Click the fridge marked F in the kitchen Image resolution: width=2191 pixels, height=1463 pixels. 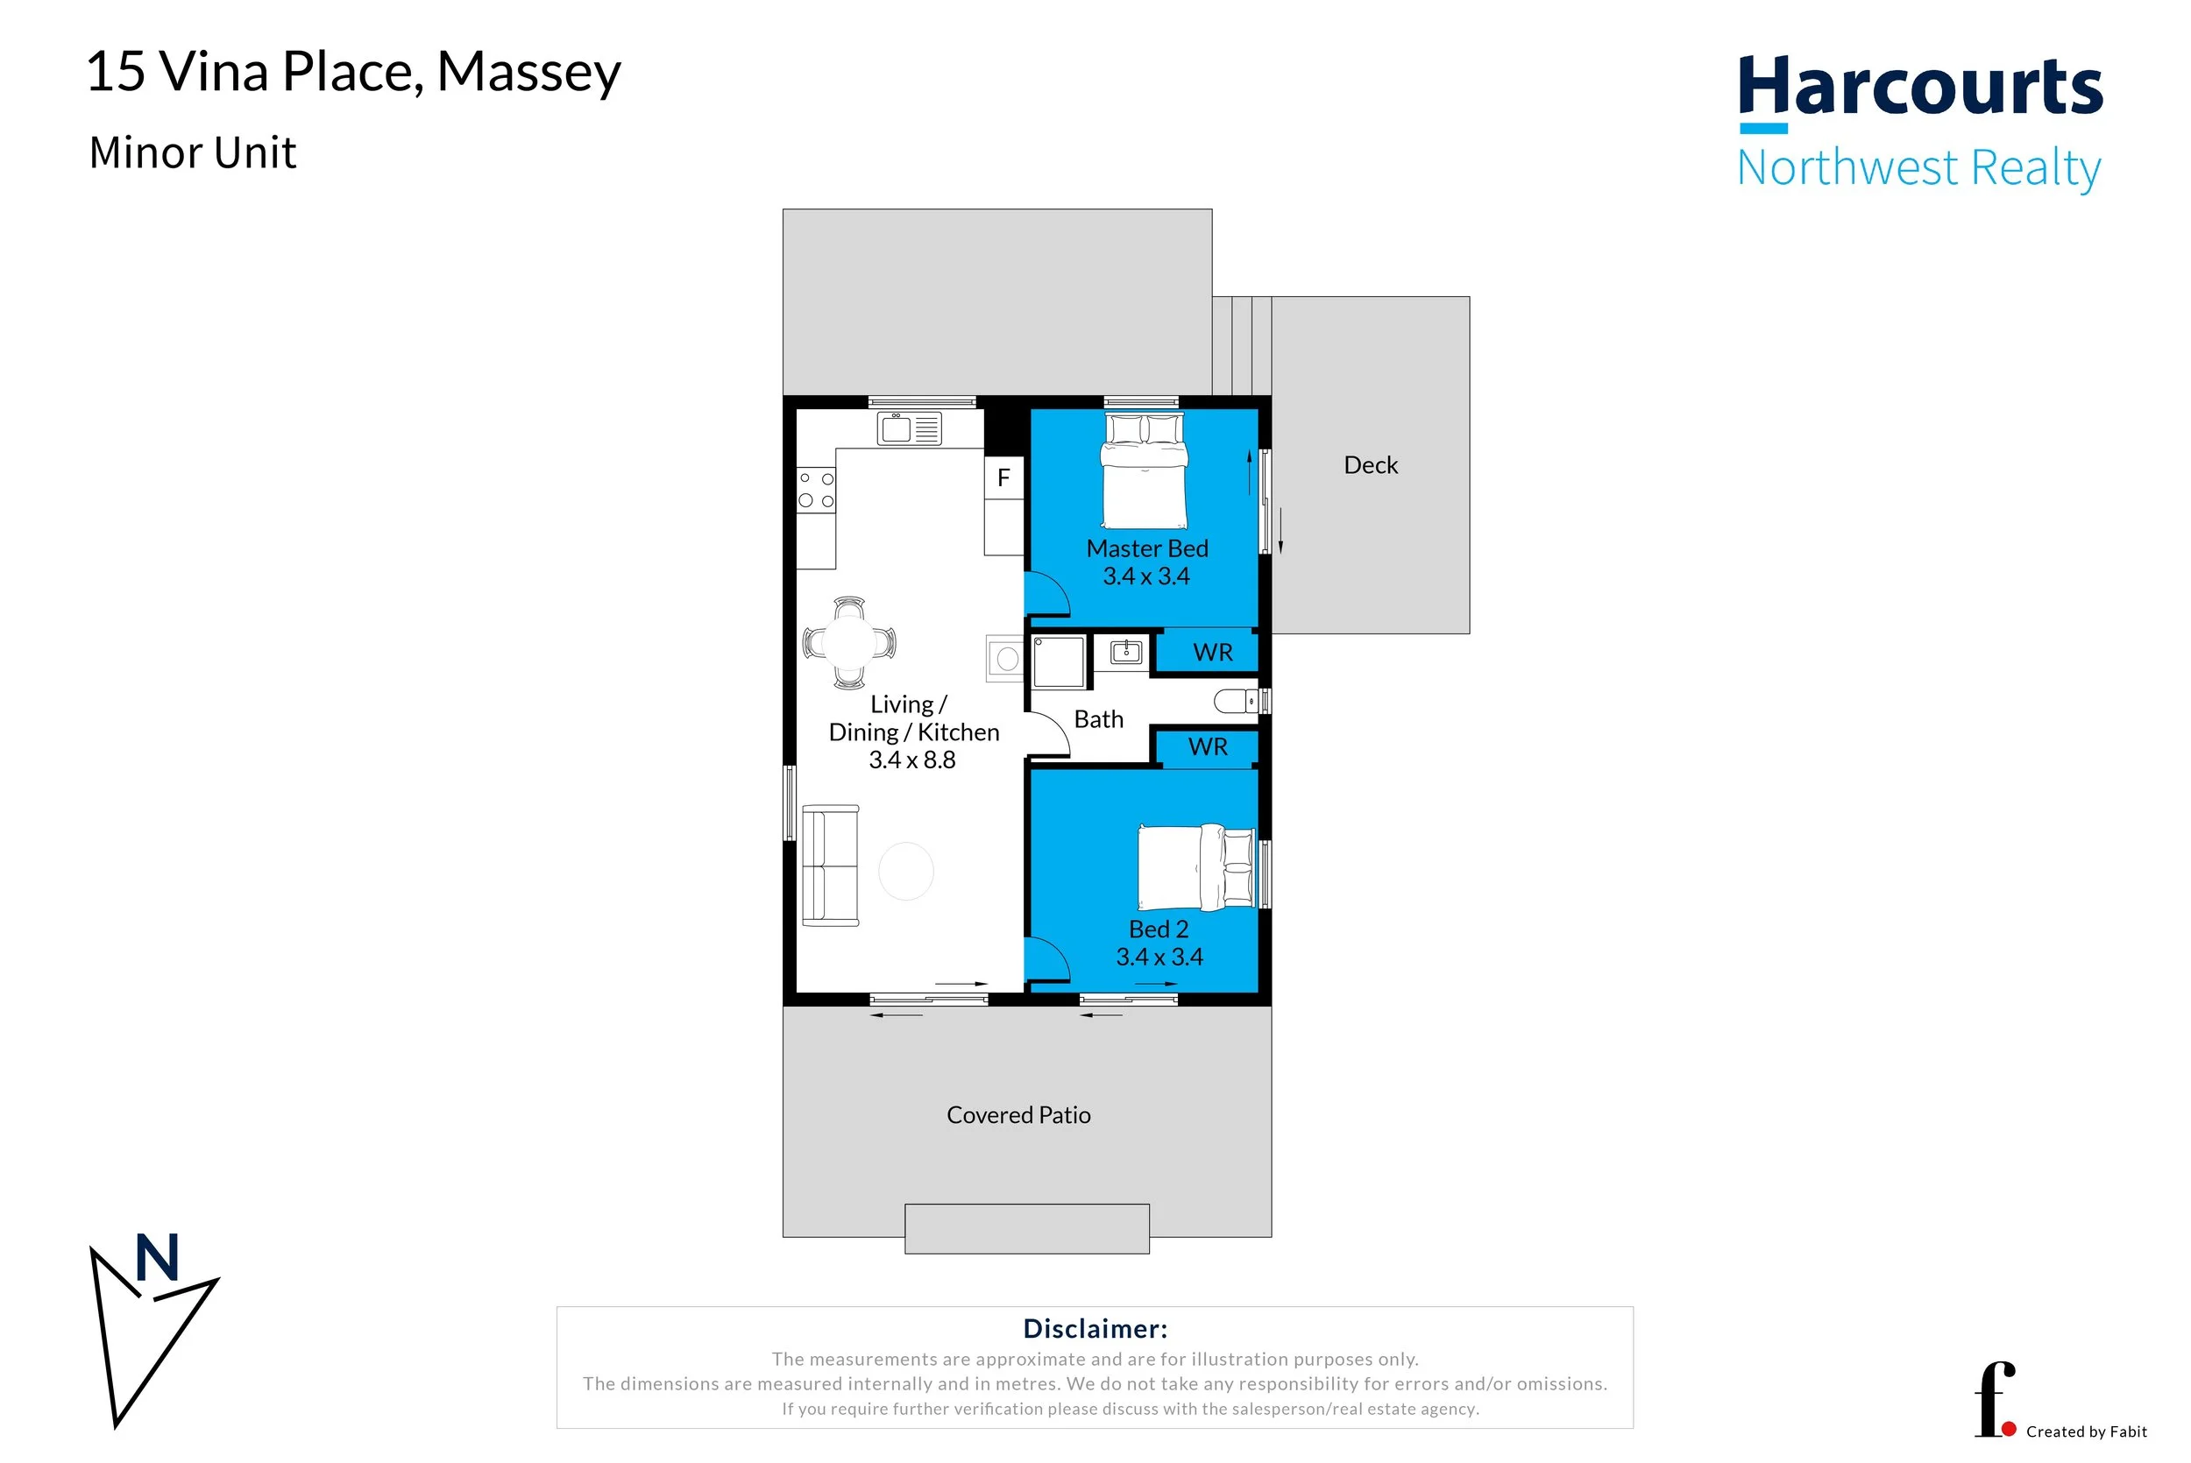[1004, 477]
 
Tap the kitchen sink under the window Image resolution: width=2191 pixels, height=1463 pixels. [909, 428]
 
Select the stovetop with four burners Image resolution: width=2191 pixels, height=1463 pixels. [816, 490]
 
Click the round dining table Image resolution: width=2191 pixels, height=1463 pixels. [849, 642]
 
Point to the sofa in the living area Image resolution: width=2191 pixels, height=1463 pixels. [830, 866]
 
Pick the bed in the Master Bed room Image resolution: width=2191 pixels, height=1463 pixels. [1144, 471]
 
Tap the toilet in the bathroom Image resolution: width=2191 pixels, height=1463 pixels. [1238, 701]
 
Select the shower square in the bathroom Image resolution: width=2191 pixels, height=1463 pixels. [1059, 661]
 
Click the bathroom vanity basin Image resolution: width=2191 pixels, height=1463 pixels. [1126, 651]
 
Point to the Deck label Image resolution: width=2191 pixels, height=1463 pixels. [1371, 464]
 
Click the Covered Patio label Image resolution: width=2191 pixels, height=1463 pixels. [1018, 1115]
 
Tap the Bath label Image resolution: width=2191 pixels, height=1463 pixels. [1098, 719]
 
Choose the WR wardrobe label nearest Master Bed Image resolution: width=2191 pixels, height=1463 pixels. [1213, 652]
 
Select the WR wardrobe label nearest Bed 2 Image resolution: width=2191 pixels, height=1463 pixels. [1209, 746]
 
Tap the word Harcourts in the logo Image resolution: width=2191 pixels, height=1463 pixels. [1920, 86]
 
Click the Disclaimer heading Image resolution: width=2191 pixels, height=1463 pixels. [1095, 1329]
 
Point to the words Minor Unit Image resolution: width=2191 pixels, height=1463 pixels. [192, 152]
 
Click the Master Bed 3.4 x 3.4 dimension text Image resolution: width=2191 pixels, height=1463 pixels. [1147, 576]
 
